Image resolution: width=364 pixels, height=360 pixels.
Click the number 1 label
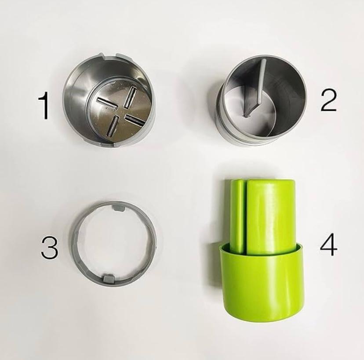coord(44,105)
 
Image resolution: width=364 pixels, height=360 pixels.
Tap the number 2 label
coord(328,101)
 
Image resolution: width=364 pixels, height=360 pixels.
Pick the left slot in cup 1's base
coord(106,103)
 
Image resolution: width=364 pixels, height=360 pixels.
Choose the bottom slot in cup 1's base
coord(111,126)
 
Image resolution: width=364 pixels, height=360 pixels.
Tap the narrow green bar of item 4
coord(237,216)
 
